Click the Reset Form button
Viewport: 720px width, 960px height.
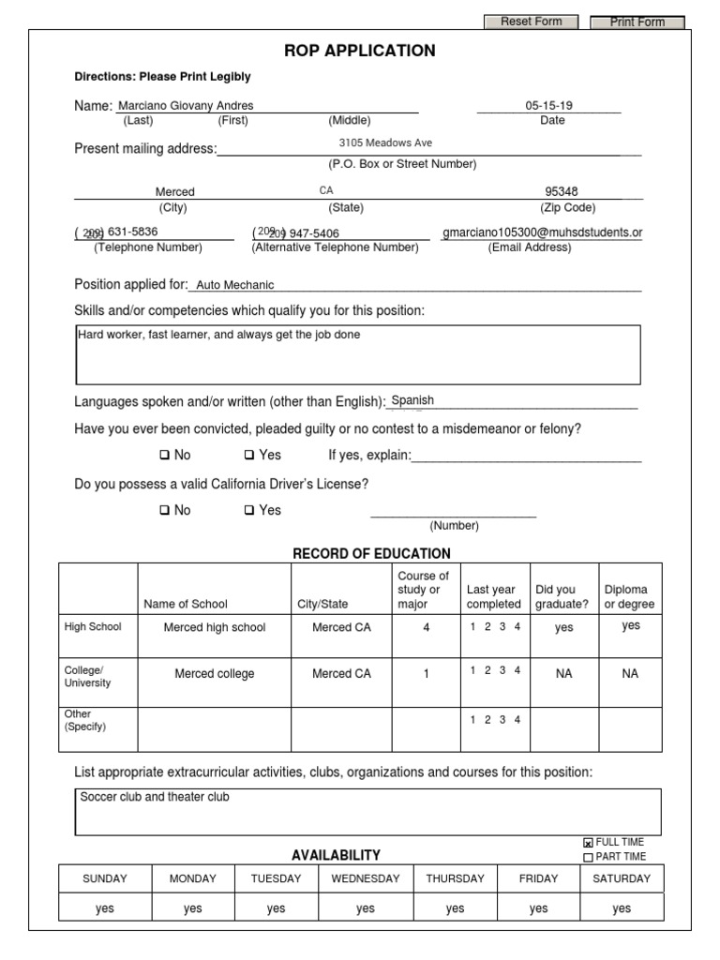531,22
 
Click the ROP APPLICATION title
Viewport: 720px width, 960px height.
360,51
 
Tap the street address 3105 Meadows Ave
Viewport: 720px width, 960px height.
385,143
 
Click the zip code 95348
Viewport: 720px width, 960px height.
562,192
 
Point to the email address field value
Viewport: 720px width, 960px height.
542,232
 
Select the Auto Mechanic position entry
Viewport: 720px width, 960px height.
235,285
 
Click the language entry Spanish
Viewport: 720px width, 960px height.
412,400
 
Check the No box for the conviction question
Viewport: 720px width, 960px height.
164,456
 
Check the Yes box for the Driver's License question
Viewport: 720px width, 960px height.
249,511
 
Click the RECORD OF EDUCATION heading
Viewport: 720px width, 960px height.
372,554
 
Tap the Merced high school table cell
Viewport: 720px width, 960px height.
215,627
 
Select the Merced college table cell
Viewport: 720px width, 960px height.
215,674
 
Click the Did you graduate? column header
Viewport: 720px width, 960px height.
562,597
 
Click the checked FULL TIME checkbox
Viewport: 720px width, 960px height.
588,843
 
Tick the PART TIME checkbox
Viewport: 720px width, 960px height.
588,857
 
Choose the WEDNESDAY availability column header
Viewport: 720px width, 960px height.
366,878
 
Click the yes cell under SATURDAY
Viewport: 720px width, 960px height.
622,908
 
